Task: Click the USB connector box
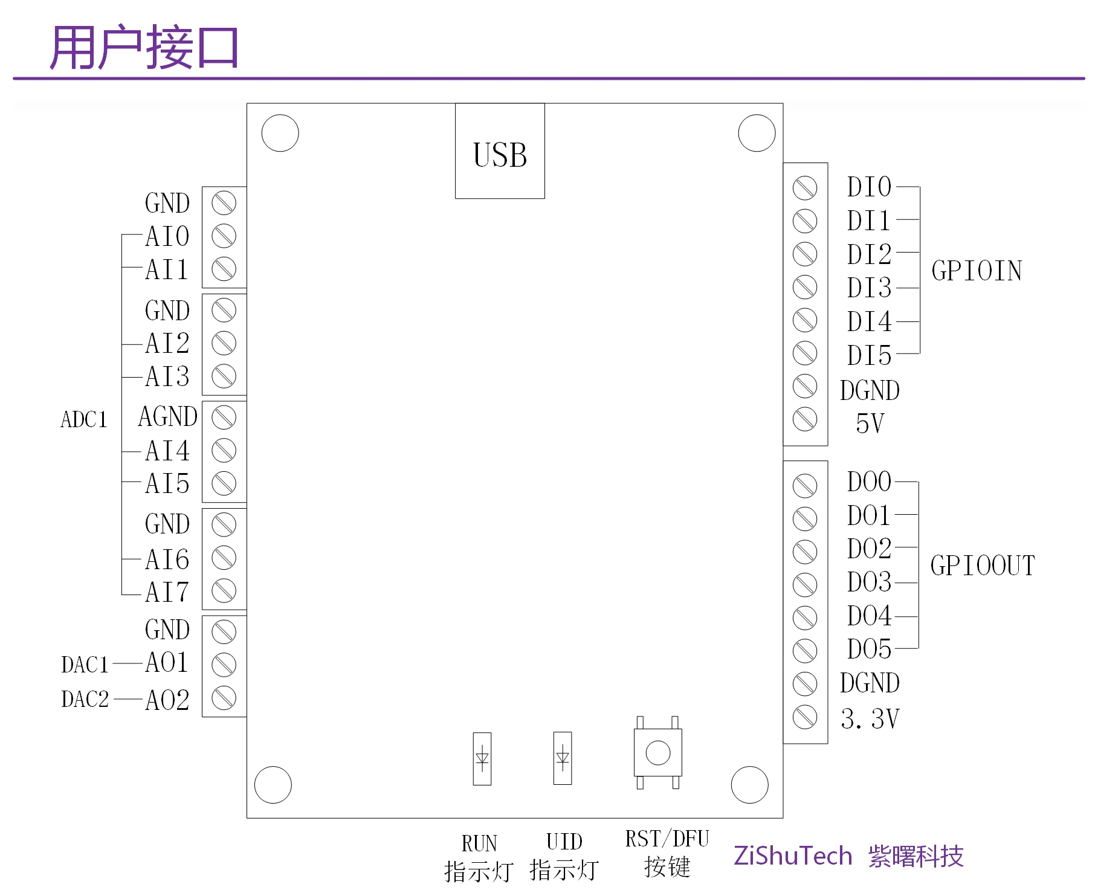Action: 500,151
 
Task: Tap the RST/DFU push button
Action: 657,752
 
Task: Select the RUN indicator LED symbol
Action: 482,758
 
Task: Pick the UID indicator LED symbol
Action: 563,758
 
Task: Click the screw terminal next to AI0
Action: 224,236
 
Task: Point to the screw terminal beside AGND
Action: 224,417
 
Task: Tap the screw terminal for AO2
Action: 224,698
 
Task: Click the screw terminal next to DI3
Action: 804,287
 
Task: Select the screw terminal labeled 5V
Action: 804,419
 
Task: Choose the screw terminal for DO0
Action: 804,485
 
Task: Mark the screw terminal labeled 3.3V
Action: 804,717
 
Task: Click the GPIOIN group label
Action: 977,271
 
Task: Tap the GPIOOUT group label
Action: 983,566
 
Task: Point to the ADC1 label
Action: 84,419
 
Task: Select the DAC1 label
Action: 85,665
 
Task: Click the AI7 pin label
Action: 167,592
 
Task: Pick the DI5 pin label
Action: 869,355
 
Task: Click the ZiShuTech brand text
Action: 793,856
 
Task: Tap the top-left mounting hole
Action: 280,133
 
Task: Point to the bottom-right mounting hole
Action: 749,785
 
